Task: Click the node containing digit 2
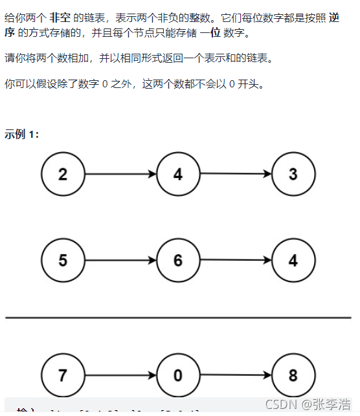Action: (63, 174)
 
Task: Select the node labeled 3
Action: (293, 174)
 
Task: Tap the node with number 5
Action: (63, 260)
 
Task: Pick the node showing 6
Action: (178, 260)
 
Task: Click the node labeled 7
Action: (63, 376)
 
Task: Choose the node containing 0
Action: (178, 376)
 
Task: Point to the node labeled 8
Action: (293, 376)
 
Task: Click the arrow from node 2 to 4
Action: (120, 174)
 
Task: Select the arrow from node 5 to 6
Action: (120, 260)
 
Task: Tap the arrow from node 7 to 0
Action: (120, 376)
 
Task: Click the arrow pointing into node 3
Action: (236, 174)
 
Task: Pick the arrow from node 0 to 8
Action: (236, 376)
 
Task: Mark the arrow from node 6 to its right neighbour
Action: (236, 260)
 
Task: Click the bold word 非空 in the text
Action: (60, 17)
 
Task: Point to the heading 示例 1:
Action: (22, 135)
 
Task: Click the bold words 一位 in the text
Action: (211, 32)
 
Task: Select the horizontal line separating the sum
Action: (178, 318)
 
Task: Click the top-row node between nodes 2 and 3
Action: (178, 174)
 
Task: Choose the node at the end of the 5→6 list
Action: (293, 260)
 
